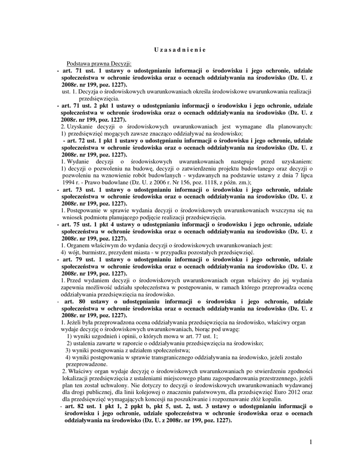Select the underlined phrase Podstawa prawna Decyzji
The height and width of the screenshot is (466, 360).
[x=99, y=64]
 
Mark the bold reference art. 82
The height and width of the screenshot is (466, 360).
[x=74, y=406]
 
